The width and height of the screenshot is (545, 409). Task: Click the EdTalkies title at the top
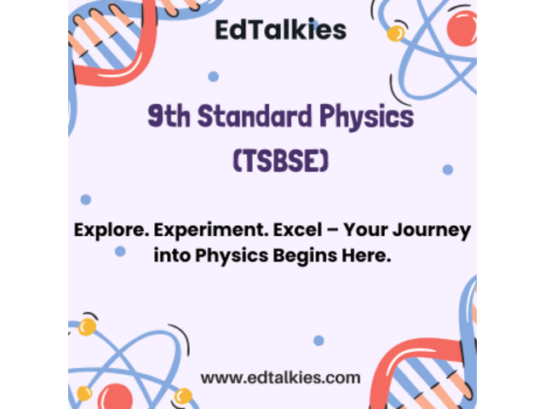point(280,30)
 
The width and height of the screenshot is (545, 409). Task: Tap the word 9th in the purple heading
point(169,116)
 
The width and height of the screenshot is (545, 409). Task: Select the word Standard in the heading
point(255,115)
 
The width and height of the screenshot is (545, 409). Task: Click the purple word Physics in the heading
point(366,118)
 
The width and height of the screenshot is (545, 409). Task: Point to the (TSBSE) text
point(280,161)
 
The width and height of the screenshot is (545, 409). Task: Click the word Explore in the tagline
point(112,230)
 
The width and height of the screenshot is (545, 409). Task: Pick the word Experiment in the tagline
point(211,230)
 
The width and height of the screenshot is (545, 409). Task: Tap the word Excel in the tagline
point(297,229)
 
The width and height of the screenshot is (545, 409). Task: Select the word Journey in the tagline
point(432,231)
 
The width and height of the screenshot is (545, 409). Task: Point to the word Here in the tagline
point(366,256)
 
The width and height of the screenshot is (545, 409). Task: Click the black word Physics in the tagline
point(232,256)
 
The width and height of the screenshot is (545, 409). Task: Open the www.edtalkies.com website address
point(280,377)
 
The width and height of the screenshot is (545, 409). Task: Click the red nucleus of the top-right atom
point(462,28)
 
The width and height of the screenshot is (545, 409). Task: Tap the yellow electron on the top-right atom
point(395,34)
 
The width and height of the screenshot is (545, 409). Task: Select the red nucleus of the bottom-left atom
point(115,396)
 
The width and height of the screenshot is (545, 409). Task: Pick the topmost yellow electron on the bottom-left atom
point(87,327)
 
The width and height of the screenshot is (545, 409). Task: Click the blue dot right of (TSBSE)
point(448,170)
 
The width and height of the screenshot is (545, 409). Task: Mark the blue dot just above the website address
point(318,341)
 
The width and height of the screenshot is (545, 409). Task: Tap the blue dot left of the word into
point(120,251)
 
